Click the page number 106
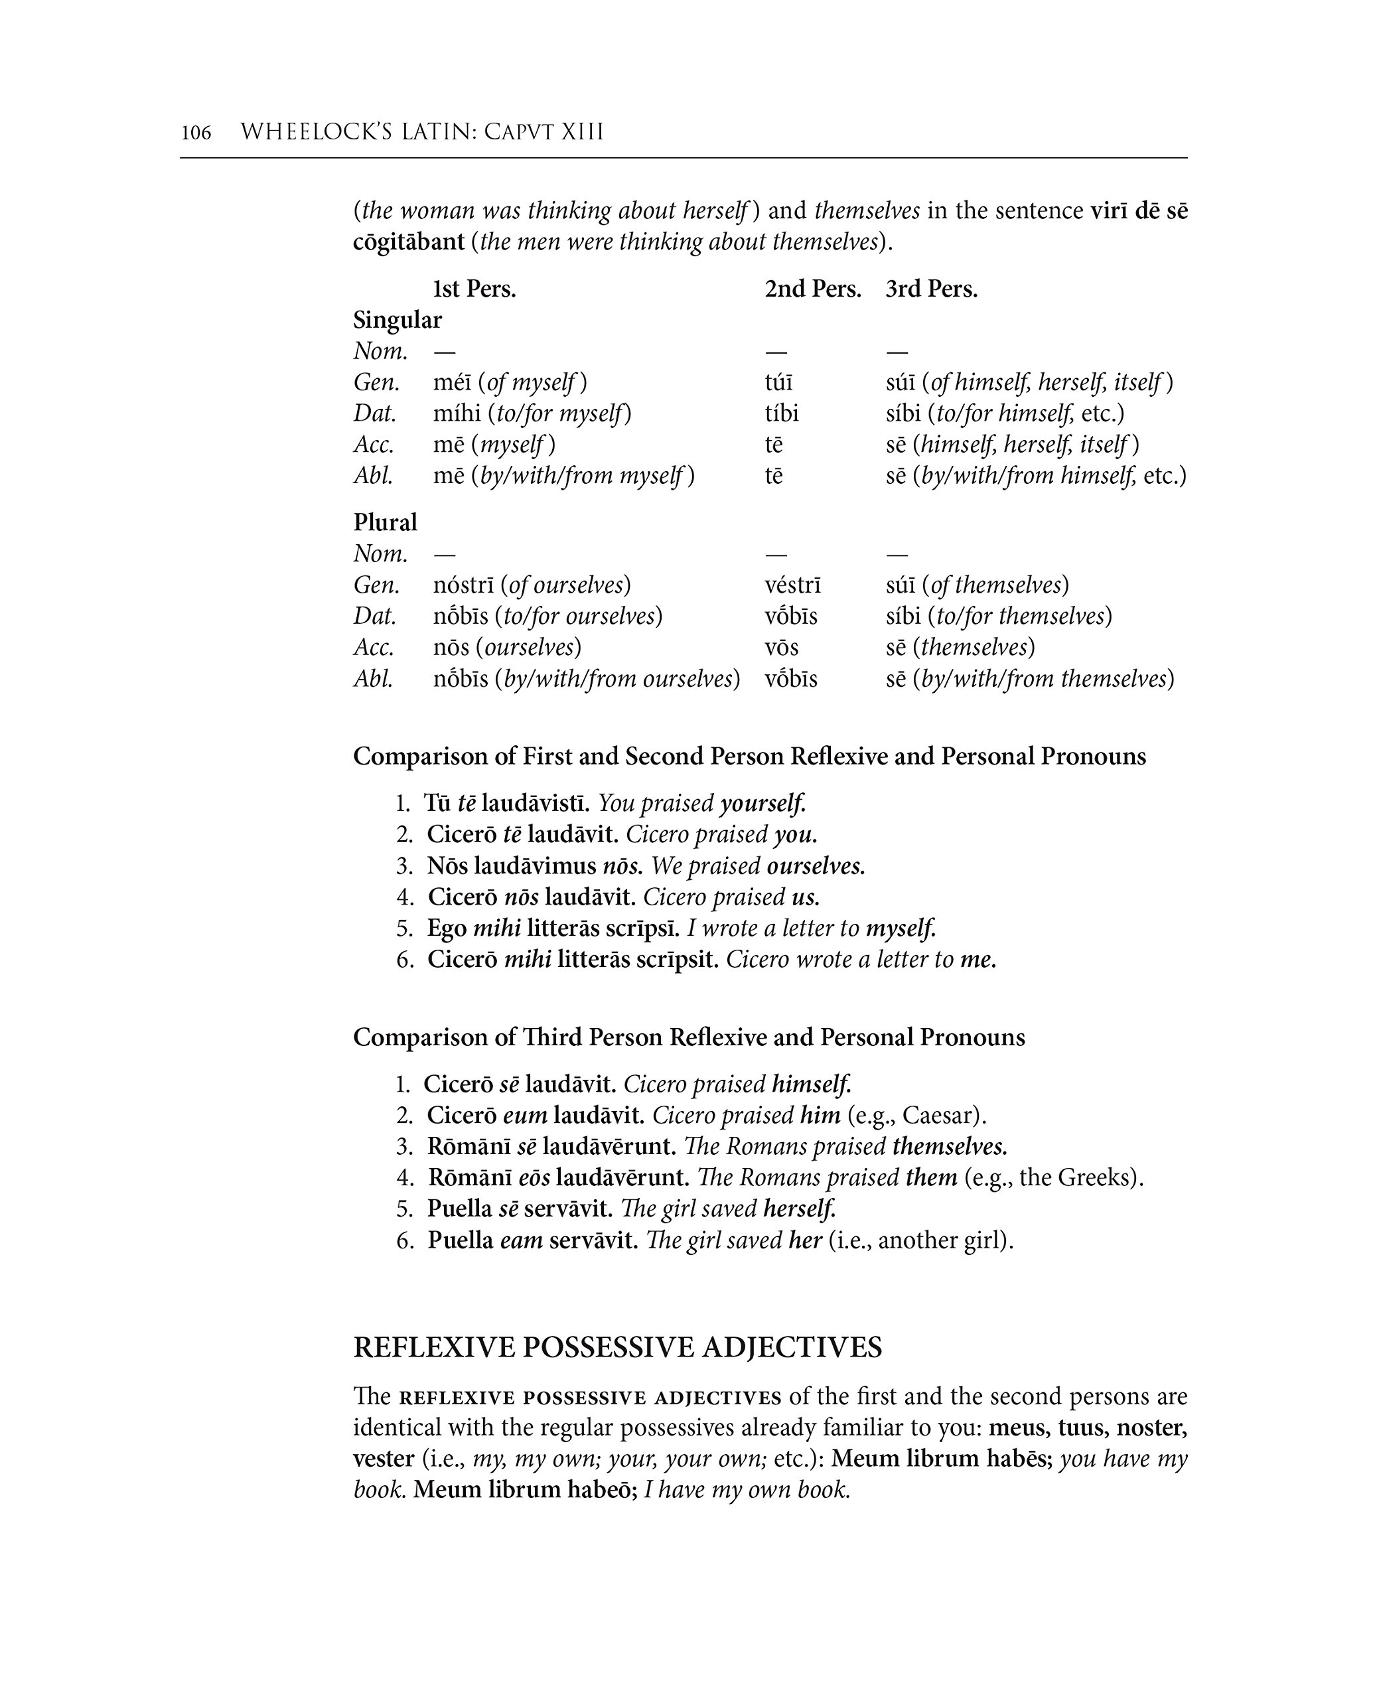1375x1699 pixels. tap(196, 132)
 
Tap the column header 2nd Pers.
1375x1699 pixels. tap(813, 289)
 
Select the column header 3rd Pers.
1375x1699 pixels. tap(932, 289)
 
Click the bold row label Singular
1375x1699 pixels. tap(397, 320)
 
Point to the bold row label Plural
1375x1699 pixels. tap(385, 523)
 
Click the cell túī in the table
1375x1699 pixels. tap(778, 382)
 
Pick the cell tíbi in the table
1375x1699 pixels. tap(782, 413)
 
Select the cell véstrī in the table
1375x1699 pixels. tap(793, 585)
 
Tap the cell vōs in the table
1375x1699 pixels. tap(782, 648)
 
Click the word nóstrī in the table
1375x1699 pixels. tap(463, 585)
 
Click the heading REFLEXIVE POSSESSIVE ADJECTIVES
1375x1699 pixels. tap(617, 1347)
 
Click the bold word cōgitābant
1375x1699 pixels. tap(409, 242)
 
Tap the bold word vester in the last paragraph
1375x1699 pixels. tap(384, 1459)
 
